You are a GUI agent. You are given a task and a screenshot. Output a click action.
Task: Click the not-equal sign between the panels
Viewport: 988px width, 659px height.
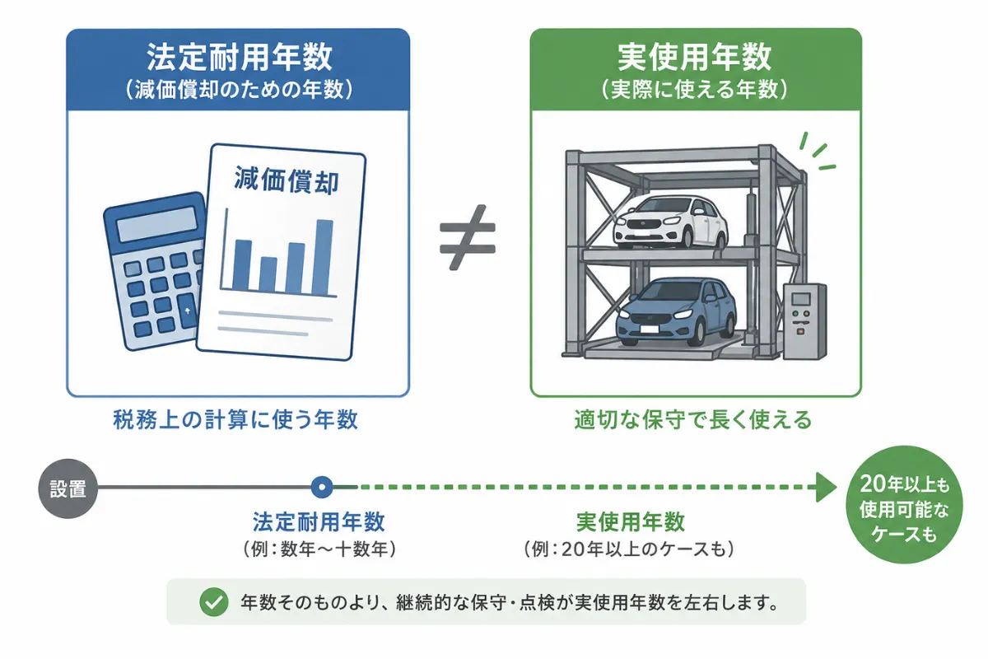click(x=468, y=237)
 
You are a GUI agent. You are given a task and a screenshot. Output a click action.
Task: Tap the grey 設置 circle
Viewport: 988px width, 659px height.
click(x=68, y=488)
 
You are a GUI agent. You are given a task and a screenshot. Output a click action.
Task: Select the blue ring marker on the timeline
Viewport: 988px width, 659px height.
click(x=322, y=488)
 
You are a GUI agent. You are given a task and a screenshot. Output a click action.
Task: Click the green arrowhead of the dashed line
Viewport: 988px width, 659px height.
click(x=826, y=488)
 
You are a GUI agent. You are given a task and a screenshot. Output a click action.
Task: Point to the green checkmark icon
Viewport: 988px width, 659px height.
click(x=214, y=602)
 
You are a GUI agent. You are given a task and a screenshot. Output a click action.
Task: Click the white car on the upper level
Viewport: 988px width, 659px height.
click(x=670, y=222)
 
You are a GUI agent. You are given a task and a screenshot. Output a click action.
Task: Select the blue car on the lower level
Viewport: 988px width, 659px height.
click(x=676, y=311)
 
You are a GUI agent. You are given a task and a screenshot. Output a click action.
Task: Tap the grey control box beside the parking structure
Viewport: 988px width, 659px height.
click(x=804, y=321)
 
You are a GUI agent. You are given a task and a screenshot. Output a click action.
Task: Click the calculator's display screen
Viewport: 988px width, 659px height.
click(x=157, y=224)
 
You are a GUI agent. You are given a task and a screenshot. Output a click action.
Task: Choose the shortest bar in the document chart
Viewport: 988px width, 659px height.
click(x=268, y=274)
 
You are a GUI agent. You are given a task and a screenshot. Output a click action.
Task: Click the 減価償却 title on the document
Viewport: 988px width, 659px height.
click(x=287, y=180)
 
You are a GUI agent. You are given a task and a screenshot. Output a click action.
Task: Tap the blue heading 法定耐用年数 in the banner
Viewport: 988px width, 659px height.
click(x=240, y=57)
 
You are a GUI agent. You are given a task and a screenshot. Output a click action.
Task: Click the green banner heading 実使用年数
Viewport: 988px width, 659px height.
click(x=695, y=57)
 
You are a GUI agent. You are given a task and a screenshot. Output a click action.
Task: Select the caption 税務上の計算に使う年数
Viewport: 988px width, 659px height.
click(x=235, y=419)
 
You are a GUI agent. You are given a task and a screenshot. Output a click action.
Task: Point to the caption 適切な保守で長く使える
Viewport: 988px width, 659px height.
click(x=693, y=419)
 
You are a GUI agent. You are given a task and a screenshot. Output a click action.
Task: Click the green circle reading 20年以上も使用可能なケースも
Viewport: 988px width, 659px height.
click(x=904, y=504)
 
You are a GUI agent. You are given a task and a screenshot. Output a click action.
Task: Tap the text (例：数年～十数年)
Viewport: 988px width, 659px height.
click(x=319, y=549)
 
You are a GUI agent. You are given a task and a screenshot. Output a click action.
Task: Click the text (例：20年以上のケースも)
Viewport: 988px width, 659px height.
click(x=629, y=549)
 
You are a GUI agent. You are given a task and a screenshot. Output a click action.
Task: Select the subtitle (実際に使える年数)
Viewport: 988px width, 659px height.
click(x=694, y=90)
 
